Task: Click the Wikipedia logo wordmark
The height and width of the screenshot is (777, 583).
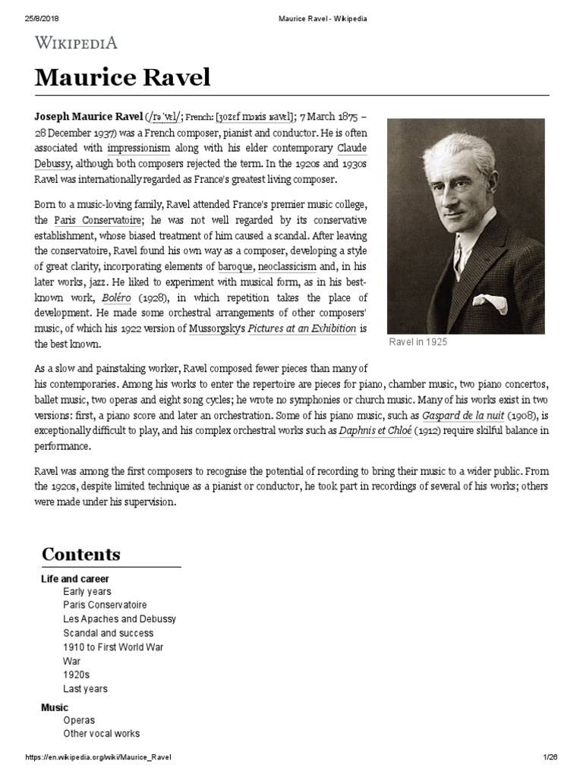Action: tap(76, 42)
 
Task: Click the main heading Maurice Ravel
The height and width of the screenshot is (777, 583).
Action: tap(122, 78)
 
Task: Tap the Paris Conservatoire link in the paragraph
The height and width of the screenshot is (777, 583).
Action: tap(90, 219)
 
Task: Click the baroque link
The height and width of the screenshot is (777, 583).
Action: tap(233, 266)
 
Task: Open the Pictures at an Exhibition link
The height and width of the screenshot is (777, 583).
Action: tap(302, 329)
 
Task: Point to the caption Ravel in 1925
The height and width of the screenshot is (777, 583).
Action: tap(418, 342)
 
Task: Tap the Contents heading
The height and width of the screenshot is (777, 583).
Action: tap(81, 554)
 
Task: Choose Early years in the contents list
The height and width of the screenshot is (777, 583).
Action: tap(87, 591)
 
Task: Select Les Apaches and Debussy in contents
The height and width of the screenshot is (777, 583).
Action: tap(120, 619)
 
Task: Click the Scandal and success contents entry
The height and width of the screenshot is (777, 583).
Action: tap(109, 633)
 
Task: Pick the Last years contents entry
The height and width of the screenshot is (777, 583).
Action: tap(86, 689)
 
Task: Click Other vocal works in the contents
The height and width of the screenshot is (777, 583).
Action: tap(102, 734)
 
